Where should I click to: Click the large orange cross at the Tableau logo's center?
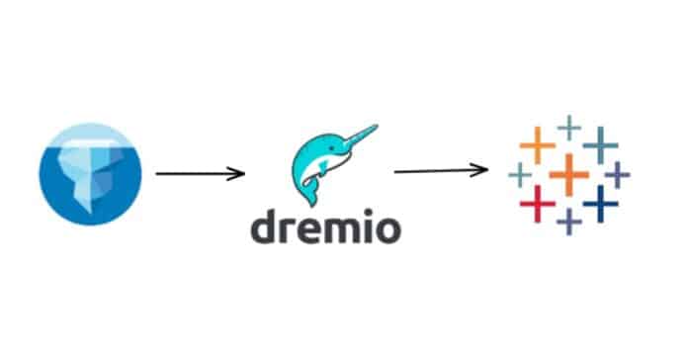click(568, 175)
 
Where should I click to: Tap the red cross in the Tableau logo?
click(535, 203)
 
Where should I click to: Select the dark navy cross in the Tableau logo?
click(600, 204)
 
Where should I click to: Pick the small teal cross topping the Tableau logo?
click(568, 127)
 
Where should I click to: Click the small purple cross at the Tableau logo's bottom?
click(567, 222)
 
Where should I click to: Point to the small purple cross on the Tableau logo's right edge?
click(618, 175)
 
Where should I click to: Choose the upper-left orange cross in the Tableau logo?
click(536, 145)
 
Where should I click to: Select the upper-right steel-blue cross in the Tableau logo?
click(600, 144)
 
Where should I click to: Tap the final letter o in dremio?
click(387, 231)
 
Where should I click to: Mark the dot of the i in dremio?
click(364, 216)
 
